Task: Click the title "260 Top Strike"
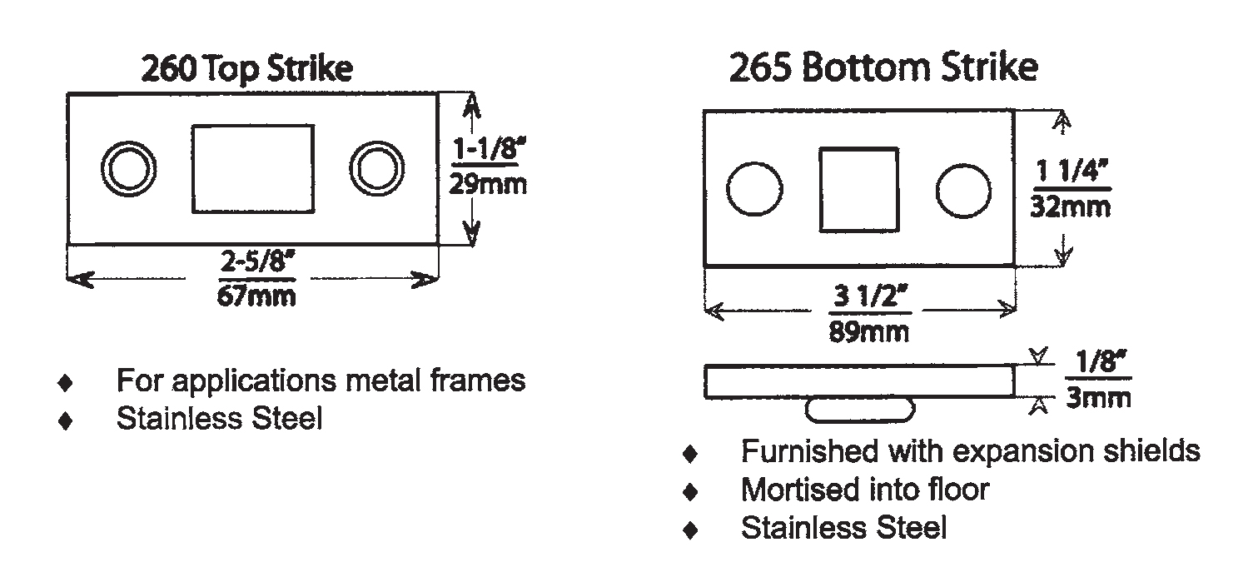(x=246, y=69)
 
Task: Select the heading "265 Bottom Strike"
(x=884, y=67)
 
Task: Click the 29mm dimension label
(x=488, y=184)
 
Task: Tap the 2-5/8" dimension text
(x=257, y=261)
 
